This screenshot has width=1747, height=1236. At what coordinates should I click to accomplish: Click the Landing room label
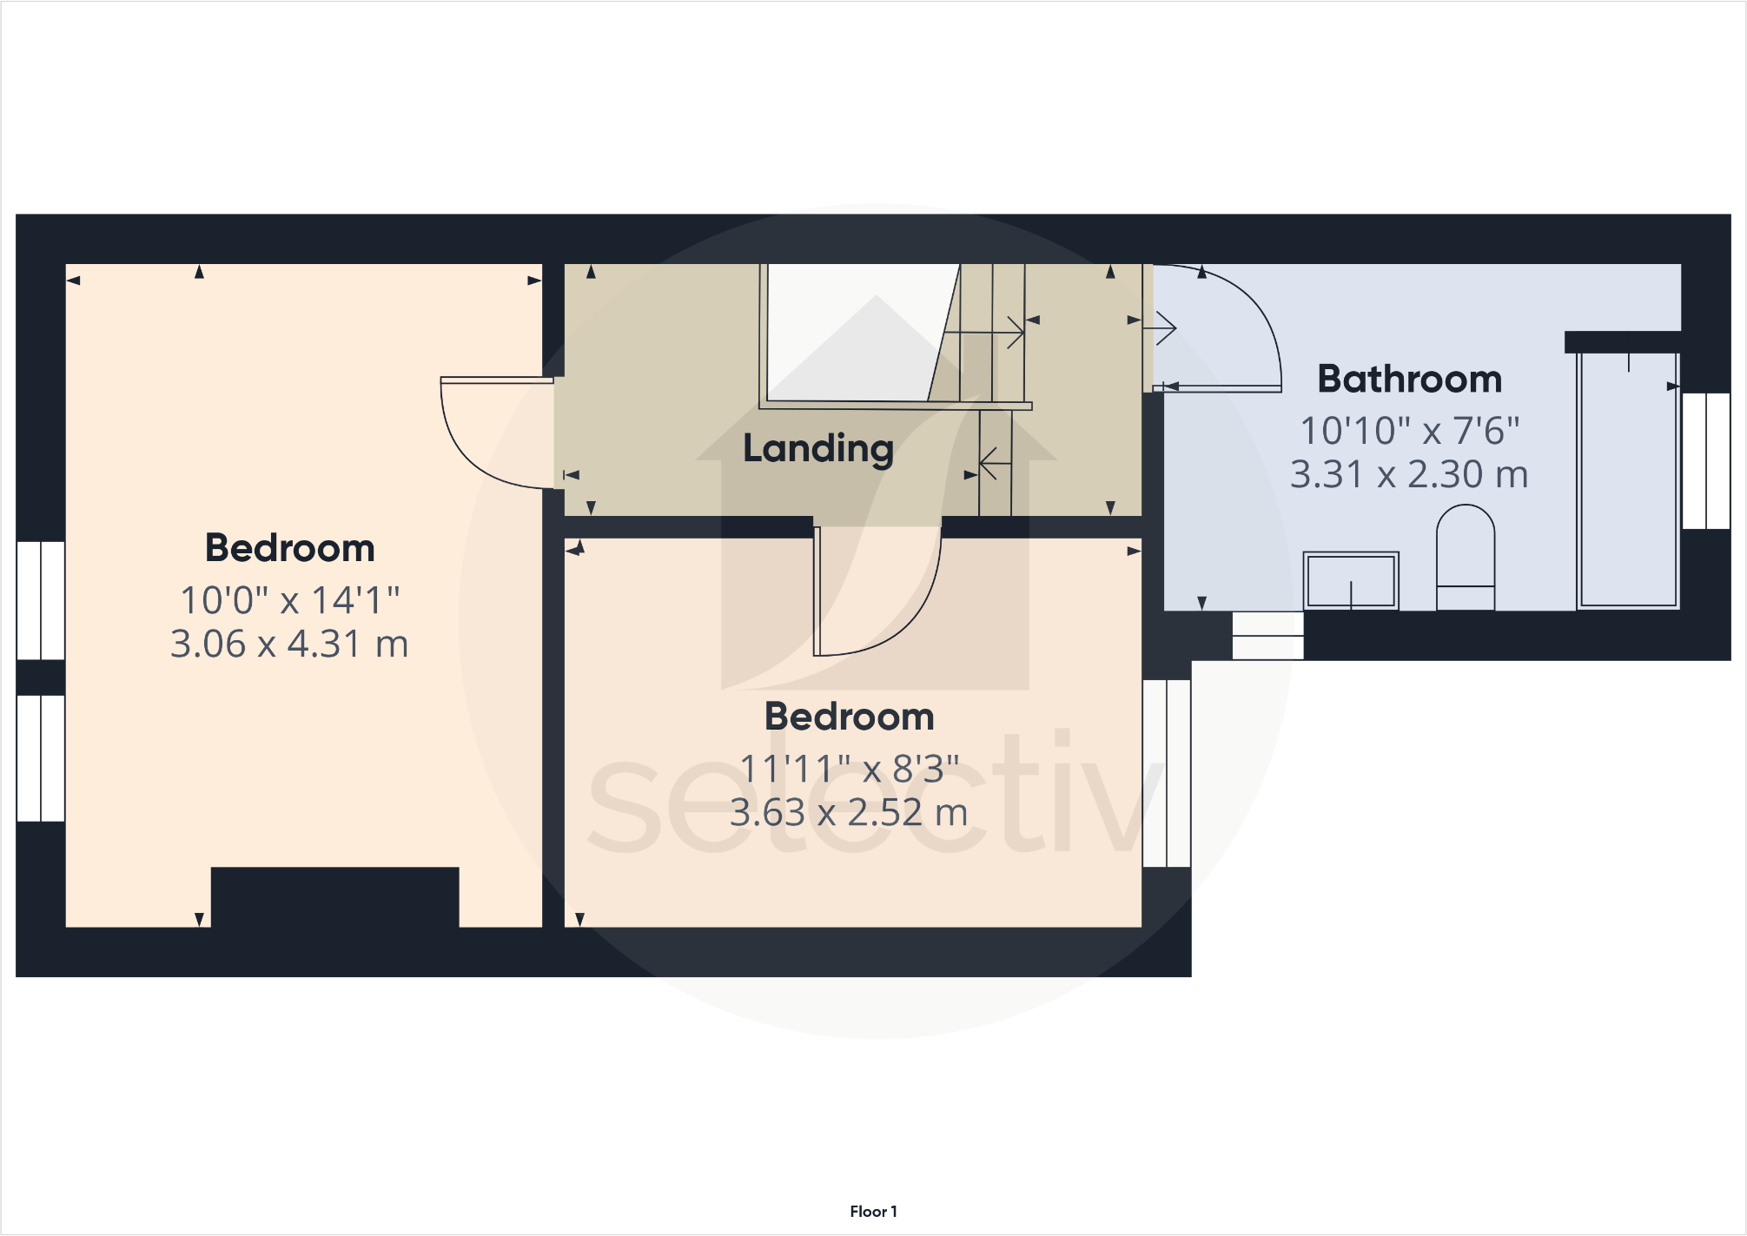(x=817, y=448)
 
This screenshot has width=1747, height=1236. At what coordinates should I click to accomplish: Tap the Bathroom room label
(x=1409, y=379)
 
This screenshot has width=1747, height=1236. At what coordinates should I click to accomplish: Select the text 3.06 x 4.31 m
(x=289, y=644)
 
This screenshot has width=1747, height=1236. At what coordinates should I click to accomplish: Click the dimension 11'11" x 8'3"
(x=849, y=769)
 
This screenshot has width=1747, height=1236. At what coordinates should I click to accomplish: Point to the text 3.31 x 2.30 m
(x=1408, y=474)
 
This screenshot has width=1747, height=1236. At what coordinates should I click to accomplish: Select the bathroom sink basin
(x=1351, y=580)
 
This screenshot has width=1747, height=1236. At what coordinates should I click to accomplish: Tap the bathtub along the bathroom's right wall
(x=1628, y=479)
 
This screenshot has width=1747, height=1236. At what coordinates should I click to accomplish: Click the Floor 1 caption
(x=873, y=1212)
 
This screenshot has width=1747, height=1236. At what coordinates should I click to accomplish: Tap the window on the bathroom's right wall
(x=1705, y=460)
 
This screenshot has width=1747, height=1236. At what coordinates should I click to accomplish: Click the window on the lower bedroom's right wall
(x=1167, y=773)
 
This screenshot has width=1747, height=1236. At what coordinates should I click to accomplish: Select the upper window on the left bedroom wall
(x=41, y=600)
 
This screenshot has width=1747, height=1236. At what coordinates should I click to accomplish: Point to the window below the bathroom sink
(x=1267, y=635)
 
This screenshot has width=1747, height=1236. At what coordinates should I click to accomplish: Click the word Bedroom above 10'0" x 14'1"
(x=289, y=548)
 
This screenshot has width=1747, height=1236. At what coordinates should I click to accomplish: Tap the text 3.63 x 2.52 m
(x=849, y=813)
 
